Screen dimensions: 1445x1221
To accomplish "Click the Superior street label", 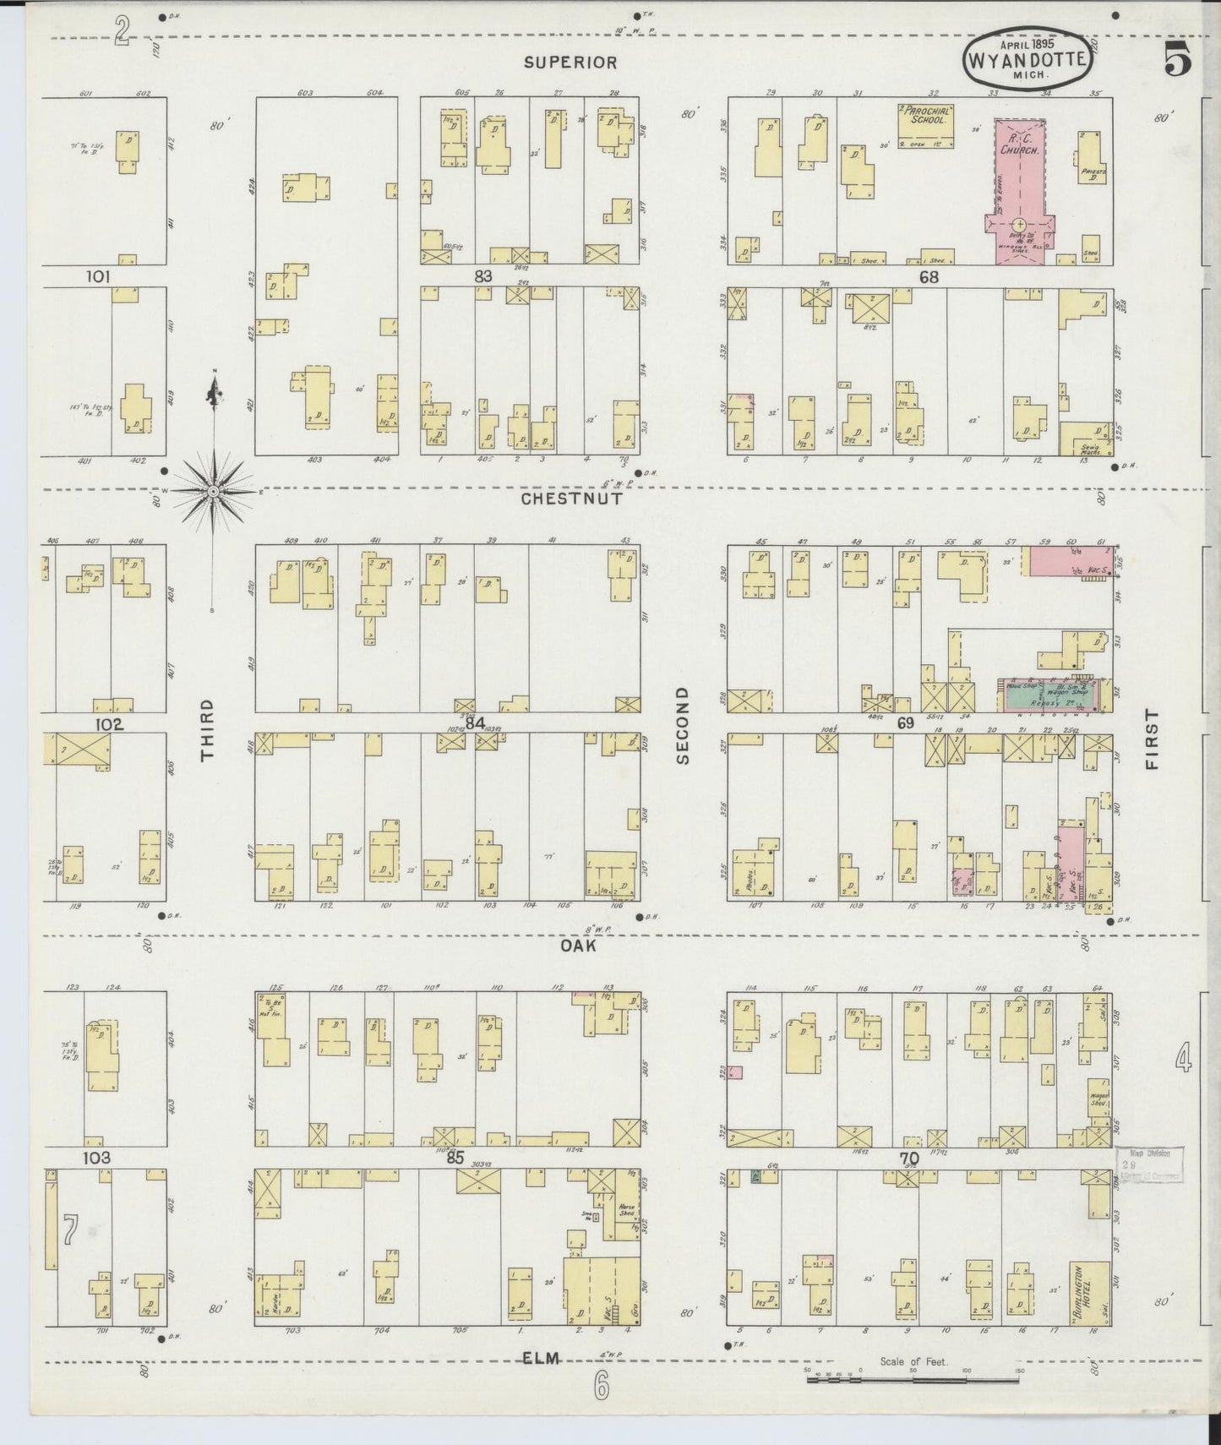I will [570, 62].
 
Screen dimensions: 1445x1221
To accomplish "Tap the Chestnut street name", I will [571, 499].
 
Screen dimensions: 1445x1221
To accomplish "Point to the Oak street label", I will [578, 946].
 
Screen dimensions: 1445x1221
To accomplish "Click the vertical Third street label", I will [208, 730].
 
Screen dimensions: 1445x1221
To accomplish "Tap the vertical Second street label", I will [684, 725].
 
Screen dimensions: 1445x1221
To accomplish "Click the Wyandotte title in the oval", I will [1027, 61].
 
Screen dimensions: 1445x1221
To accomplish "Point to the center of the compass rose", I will [214, 491].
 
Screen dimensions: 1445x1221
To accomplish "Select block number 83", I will [482, 275].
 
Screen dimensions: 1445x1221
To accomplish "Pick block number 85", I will [455, 1158].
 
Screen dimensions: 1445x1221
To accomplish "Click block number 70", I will [908, 1158].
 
